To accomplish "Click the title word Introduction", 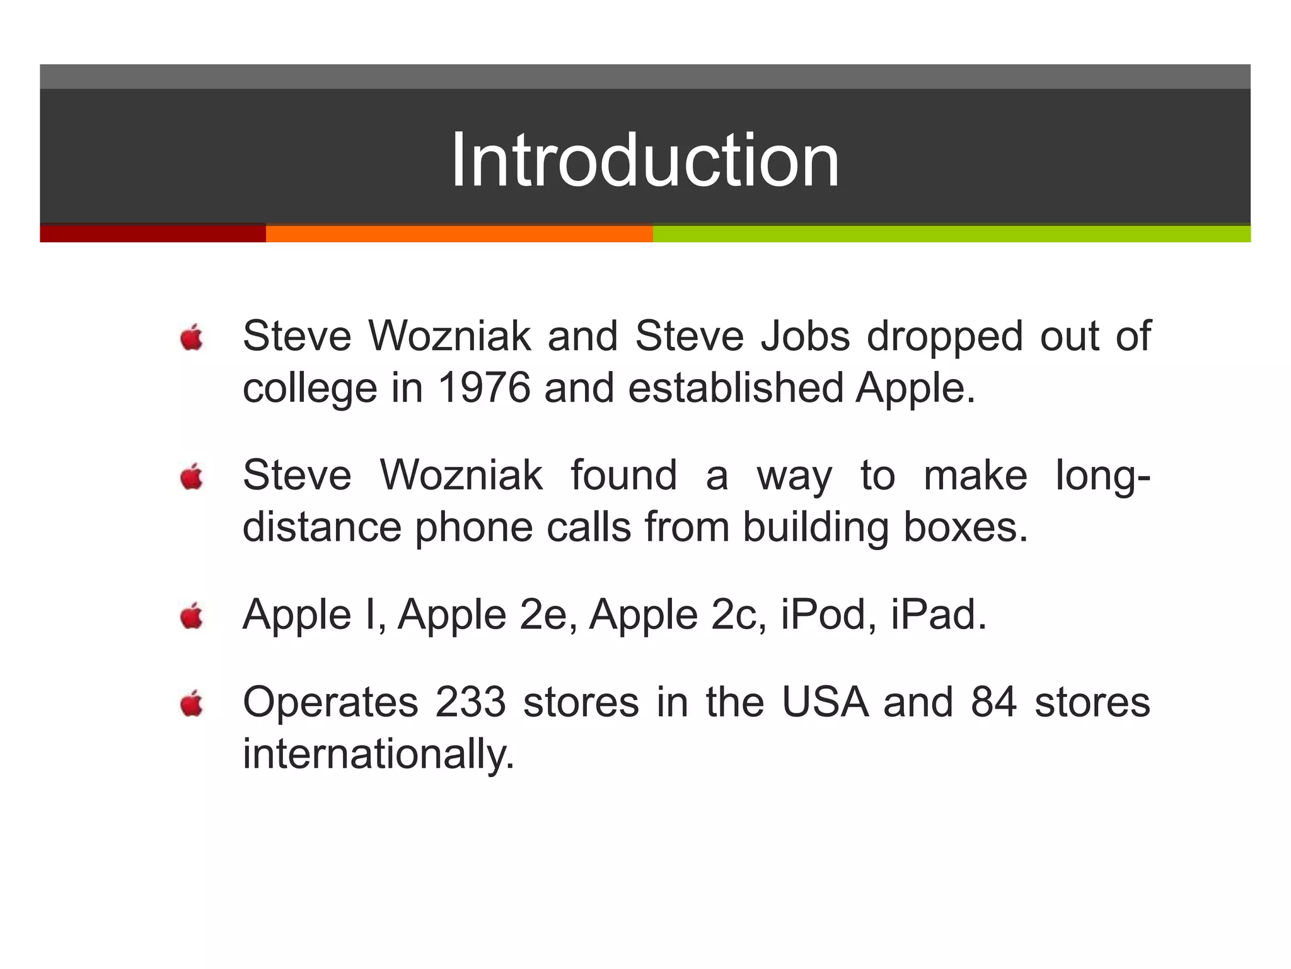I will pyautogui.click(x=645, y=160).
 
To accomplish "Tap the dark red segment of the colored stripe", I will pyautogui.click(x=153, y=233).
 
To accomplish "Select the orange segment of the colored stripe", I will pyautogui.click(x=459, y=233).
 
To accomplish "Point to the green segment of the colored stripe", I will pyautogui.click(x=951, y=233).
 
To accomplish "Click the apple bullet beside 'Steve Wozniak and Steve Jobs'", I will pyautogui.click(x=192, y=338).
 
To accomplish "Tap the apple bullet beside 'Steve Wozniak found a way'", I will pyautogui.click(x=192, y=477).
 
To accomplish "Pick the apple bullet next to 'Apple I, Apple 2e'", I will pyautogui.click(x=192, y=616).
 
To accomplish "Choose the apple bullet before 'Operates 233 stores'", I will pyautogui.click(x=192, y=703).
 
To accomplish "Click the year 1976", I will pyautogui.click(x=483, y=387).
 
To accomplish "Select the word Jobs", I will pyautogui.click(x=806, y=336).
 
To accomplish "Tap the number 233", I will pyautogui.click(x=470, y=702).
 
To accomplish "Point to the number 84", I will pyautogui.click(x=994, y=702).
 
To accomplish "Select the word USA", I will pyautogui.click(x=825, y=702).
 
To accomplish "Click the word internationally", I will pyautogui.click(x=378, y=754).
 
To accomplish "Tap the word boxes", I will pyautogui.click(x=965, y=527).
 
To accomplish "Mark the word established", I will pyautogui.click(x=736, y=387).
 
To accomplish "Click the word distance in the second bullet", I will pyautogui.click(x=321, y=527).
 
